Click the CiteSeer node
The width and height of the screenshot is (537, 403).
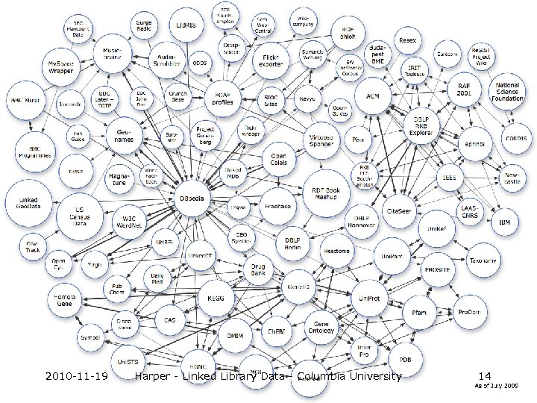click(398, 211)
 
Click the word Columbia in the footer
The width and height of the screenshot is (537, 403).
click(318, 376)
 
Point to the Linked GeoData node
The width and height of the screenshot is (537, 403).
click(28, 201)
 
